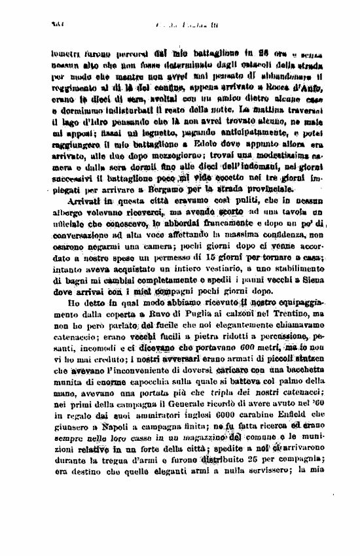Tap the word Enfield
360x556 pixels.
pos(309,468)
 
